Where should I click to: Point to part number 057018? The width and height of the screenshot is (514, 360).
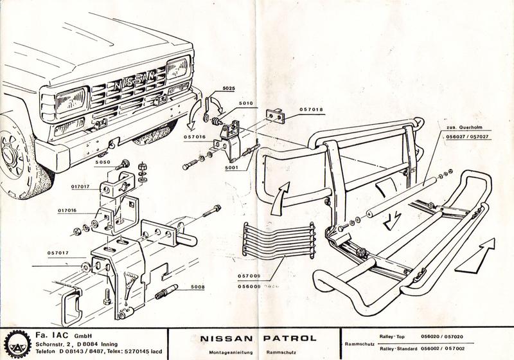click(312, 109)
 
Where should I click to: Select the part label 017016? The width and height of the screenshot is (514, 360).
click(68, 210)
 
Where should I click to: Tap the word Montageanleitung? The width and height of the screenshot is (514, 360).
click(227, 352)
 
